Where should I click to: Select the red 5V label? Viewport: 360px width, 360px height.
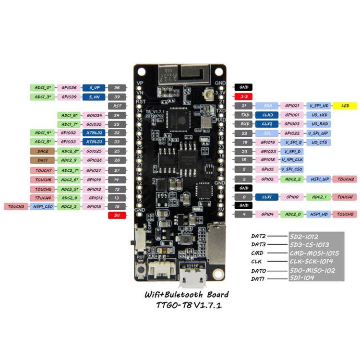117,216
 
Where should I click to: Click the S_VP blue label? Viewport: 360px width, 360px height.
93,88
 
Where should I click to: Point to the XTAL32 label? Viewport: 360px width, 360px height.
93,132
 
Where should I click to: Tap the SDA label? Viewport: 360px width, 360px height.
267,106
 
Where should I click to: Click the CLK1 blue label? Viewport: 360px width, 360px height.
267,197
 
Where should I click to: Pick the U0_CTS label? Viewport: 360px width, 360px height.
319,143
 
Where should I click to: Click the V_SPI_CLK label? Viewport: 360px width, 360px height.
292,160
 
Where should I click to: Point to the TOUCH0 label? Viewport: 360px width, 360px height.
345,214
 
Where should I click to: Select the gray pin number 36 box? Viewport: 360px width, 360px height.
117,88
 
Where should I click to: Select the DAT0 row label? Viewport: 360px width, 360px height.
260,271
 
